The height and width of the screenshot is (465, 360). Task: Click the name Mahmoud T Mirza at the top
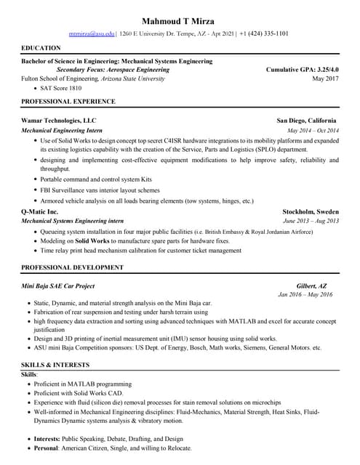point(180,19)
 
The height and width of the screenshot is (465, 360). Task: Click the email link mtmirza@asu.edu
point(92,33)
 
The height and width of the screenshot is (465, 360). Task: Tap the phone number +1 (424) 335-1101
point(264,33)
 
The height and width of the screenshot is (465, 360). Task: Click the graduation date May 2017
point(325,78)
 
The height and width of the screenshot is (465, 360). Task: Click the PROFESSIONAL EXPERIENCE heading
point(68,101)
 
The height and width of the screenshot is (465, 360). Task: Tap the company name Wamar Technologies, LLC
point(59,120)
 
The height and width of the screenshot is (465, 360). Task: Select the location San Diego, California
point(306,120)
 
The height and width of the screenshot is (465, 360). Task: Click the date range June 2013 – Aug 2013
point(311,220)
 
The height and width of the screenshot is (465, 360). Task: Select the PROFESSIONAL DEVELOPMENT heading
point(73,267)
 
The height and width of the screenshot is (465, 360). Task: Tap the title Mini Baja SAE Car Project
point(58,286)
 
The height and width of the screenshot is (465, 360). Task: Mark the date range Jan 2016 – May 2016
point(305,295)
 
